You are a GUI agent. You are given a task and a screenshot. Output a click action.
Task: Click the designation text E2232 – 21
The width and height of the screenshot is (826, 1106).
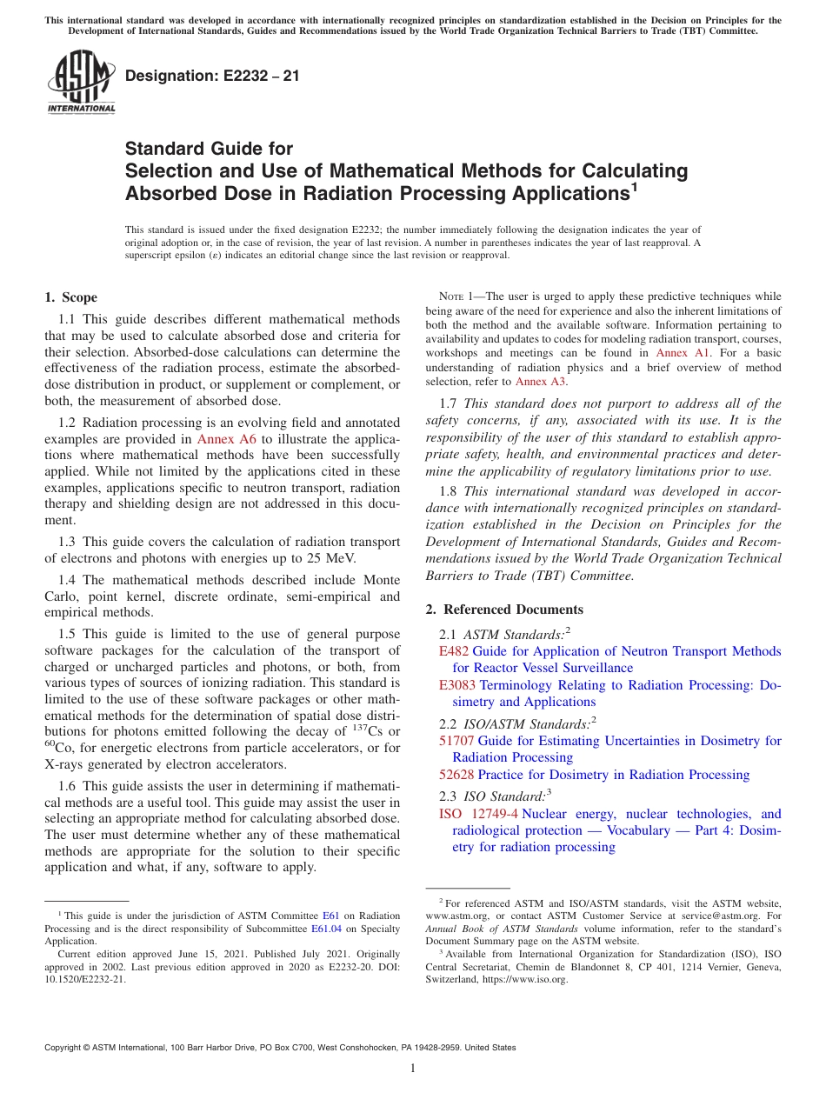212,76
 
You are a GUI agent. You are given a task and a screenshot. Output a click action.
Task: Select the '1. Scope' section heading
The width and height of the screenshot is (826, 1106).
70,297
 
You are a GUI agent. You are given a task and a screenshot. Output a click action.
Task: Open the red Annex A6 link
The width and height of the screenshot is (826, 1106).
226,439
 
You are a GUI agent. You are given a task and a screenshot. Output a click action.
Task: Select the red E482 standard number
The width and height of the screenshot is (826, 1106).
454,651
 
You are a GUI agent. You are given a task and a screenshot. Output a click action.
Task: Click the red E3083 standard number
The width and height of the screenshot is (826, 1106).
457,685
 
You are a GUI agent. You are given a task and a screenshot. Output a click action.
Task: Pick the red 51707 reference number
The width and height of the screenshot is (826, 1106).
456,741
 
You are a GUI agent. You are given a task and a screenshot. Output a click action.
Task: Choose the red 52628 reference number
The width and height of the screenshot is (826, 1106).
456,775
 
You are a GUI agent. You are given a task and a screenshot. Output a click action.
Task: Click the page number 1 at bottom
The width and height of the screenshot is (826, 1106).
413,1069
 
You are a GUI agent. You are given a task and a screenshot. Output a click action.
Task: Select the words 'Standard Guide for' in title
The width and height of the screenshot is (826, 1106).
210,149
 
